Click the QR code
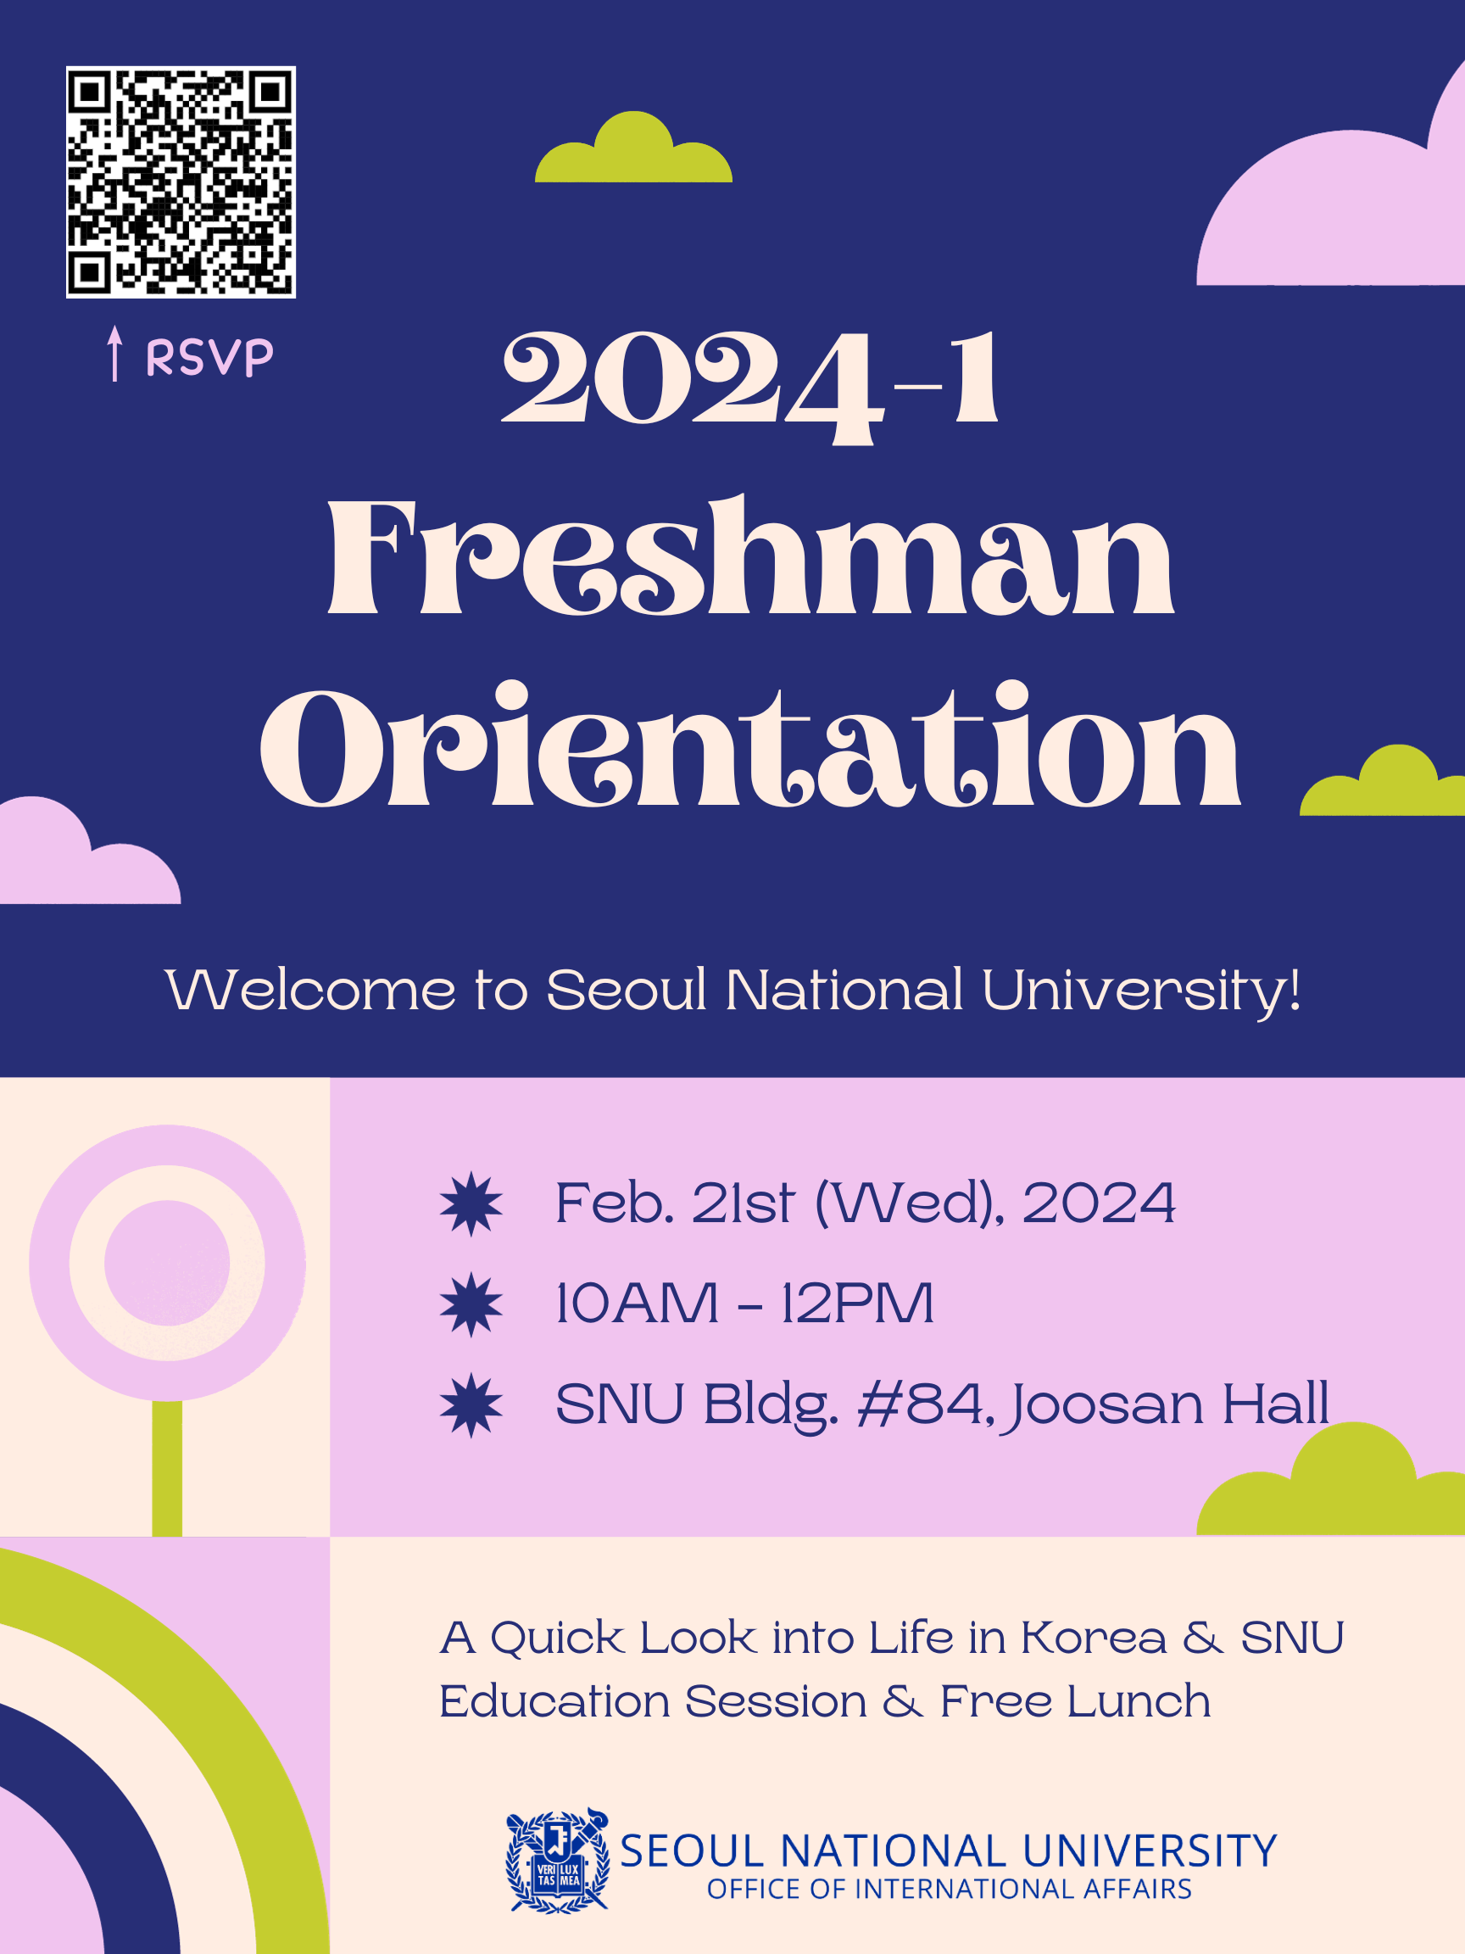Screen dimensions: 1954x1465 tap(181, 182)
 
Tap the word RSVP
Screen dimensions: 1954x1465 tap(209, 358)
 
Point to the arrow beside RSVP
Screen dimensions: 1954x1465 tap(114, 354)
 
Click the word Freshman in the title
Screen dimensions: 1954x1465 tap(750, 558)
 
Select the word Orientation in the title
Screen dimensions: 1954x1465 tap(750, 747)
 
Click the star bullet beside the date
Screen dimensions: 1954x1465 tap(471, 1203)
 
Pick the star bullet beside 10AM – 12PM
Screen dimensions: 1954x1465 tap(471, 1304)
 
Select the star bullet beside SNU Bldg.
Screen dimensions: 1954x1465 tap(471, 1404)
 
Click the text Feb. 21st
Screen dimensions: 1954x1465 tap(676, 1203)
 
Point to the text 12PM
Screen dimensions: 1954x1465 tap(857, 1304)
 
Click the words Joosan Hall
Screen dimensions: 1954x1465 tap(1167, 1404)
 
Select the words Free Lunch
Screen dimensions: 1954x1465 tap(1074, 1702)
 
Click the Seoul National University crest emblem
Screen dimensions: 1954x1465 tap(557, 1861)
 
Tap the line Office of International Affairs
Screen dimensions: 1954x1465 tap(950, 1890)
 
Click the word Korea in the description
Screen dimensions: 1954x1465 tap(1093, 1638)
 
